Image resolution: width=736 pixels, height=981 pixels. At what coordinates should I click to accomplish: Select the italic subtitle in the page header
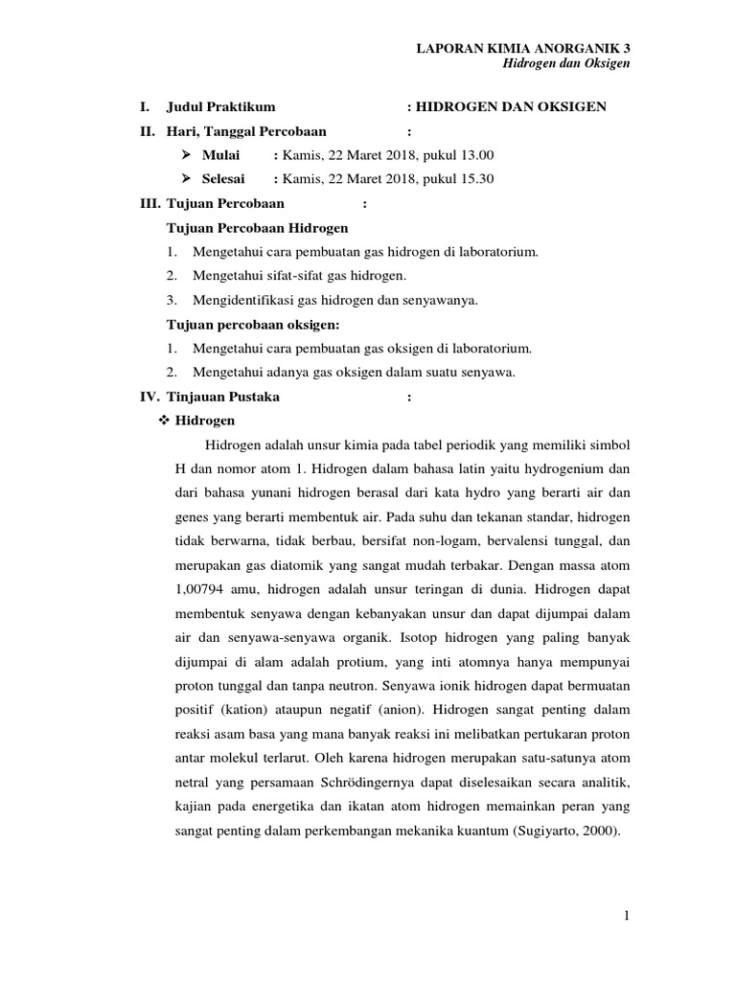(x=566, y=64)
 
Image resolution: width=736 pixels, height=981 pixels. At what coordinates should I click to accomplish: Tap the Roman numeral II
(x=147, y=130)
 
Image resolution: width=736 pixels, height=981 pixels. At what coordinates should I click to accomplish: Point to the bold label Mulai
(x=221, y=155)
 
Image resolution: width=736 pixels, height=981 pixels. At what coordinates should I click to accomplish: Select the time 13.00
(x=475, y=155)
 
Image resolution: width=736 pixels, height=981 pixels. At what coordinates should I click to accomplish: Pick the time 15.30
(x=475, y=179)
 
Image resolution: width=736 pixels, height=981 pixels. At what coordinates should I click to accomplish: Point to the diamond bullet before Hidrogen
(x=162, y=421)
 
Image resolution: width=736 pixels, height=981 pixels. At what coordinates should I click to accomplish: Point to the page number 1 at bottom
(x=627, y=916)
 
